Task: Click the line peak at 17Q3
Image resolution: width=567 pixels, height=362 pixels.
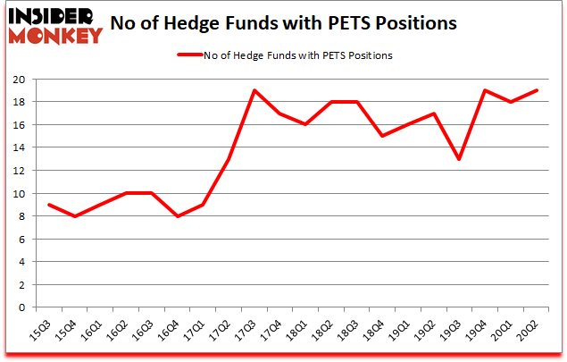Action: [x=254, y=90]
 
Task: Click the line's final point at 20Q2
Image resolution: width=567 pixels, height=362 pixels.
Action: [x=536, y=90]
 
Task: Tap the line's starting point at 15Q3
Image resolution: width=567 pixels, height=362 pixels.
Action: [x=50, y=205]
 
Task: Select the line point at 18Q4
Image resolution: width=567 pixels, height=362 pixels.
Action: [x=382, y=136]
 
